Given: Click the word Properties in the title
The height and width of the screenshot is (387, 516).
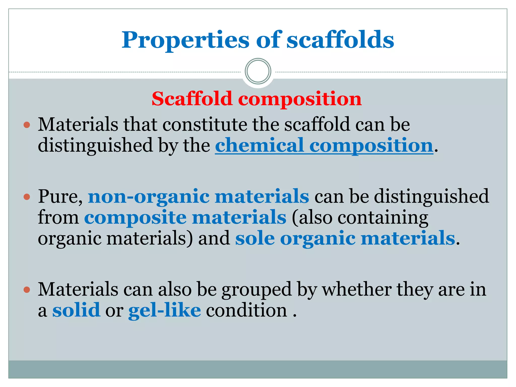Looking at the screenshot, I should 185,40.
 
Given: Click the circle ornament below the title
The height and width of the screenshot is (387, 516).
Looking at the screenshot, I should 258,71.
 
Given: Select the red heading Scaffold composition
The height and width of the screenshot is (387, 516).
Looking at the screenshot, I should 256,99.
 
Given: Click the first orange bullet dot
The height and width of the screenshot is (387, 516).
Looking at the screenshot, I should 27,125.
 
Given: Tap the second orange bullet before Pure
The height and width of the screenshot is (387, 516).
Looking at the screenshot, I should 27,197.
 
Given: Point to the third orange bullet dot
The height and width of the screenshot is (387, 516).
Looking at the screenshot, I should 27,290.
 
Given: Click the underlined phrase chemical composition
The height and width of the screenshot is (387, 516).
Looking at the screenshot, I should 324,146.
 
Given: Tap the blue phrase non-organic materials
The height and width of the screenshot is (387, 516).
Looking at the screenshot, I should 198,197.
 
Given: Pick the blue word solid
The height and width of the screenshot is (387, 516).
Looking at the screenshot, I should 76,310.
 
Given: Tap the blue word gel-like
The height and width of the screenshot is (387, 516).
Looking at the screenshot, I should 165,310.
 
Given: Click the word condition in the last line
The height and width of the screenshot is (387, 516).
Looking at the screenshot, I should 246,310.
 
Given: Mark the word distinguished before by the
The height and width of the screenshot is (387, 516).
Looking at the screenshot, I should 95,146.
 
